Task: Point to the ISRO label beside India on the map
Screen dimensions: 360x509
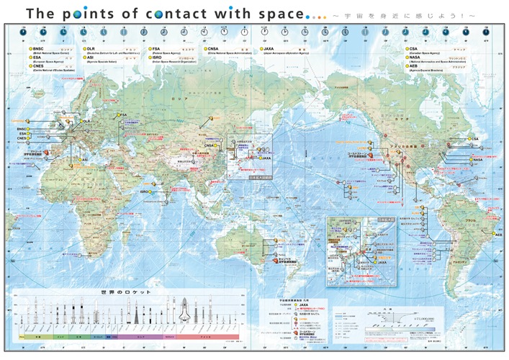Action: [145, 192]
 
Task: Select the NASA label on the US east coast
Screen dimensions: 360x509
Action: [477, 158]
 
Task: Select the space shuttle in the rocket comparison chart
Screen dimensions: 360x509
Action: [186, 313]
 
